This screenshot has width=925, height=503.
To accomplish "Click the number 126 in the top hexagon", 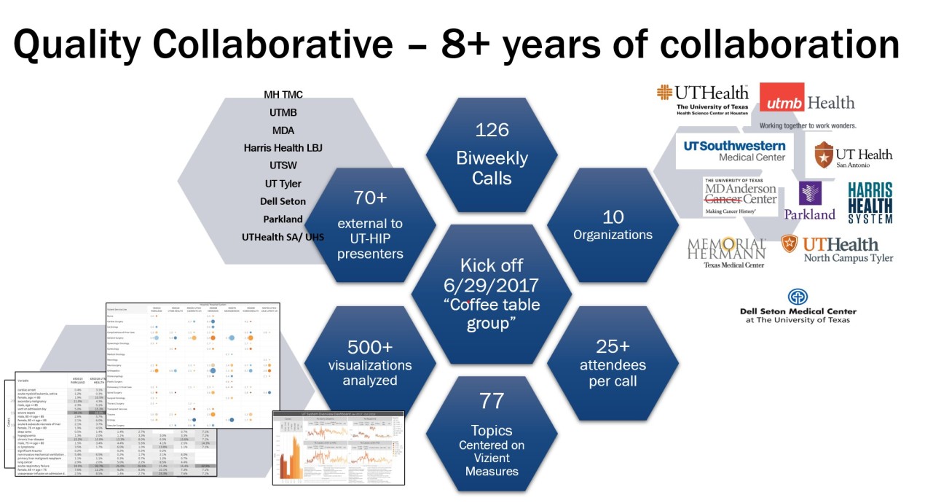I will click(x=492, y=130).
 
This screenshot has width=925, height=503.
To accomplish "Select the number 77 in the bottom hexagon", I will click(x=492, y=400).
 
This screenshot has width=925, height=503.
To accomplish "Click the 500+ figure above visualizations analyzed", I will click(x=369, y=346).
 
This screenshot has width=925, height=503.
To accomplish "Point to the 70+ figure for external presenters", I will click(x=369, y=198).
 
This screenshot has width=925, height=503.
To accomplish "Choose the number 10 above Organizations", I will click(x=613, y=217).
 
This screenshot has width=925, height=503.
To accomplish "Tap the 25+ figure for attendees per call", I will click(x=613, y=346).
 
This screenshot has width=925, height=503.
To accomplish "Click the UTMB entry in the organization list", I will click(x=283, y=113).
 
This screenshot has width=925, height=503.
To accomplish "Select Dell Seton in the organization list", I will click(x=283, y=201).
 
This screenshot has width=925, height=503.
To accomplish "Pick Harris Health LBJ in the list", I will click(x=283, y=148).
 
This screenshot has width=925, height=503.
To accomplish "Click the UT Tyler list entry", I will click(x=283, y=184).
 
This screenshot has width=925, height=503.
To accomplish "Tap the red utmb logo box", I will click(x=782, y=102).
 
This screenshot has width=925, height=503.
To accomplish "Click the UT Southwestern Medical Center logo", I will click(x=733, y=150).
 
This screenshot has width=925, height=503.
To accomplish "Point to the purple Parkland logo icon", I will click(x=809, y=193).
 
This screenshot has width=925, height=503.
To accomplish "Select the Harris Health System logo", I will click(x=870, y=203).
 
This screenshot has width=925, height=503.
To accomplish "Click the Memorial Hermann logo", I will click(x=726, y=252).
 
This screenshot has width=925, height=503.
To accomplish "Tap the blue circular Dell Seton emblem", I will click(x=798, y=297).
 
